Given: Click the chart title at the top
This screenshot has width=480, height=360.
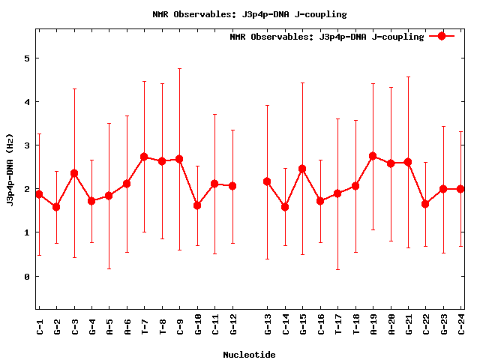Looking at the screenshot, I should pos(249,14).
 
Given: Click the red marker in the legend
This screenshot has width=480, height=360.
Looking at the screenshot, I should pos(442,36).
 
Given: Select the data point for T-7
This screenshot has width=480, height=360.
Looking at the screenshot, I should pos(144,157).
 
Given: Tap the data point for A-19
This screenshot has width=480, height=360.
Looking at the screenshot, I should pos(373,156).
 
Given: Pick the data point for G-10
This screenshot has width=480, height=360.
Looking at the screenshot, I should pos(197,205).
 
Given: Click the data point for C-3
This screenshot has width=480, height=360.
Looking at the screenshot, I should pos(74,173).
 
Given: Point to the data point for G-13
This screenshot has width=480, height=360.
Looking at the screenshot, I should pos(267,181).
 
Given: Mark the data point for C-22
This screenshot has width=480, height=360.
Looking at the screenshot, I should pos(425,204).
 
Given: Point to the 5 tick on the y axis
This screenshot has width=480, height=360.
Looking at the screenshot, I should pos(26,58).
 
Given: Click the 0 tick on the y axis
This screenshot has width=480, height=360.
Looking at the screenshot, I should pos(26,277).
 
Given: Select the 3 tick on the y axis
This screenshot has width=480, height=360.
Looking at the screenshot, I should pos(26,145).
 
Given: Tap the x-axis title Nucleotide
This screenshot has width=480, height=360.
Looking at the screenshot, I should pos(249,355).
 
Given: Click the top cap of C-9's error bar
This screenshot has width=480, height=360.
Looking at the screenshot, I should pos(179,69).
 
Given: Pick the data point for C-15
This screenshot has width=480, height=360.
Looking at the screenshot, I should pos(302,169).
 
